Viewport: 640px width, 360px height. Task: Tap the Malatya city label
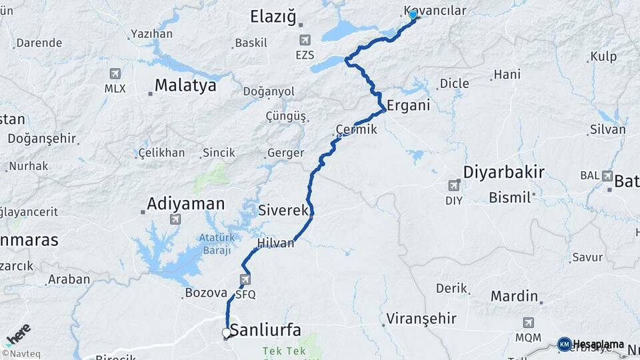(185, 85)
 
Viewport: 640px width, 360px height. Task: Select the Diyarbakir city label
(504, 173)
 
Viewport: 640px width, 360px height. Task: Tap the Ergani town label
(409, 105)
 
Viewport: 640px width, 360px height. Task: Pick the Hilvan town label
(276, 243)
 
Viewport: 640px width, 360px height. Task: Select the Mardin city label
(514, 295)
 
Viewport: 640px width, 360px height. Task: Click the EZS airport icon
(305, 40)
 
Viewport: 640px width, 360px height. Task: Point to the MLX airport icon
(115, 73)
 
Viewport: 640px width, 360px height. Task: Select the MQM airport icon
(529, 323)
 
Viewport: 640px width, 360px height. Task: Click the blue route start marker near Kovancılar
(413, 15)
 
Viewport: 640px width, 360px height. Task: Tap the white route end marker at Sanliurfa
(227, 332)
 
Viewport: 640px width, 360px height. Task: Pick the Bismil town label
(509, 197)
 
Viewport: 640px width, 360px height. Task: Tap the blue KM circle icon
(565, 345)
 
